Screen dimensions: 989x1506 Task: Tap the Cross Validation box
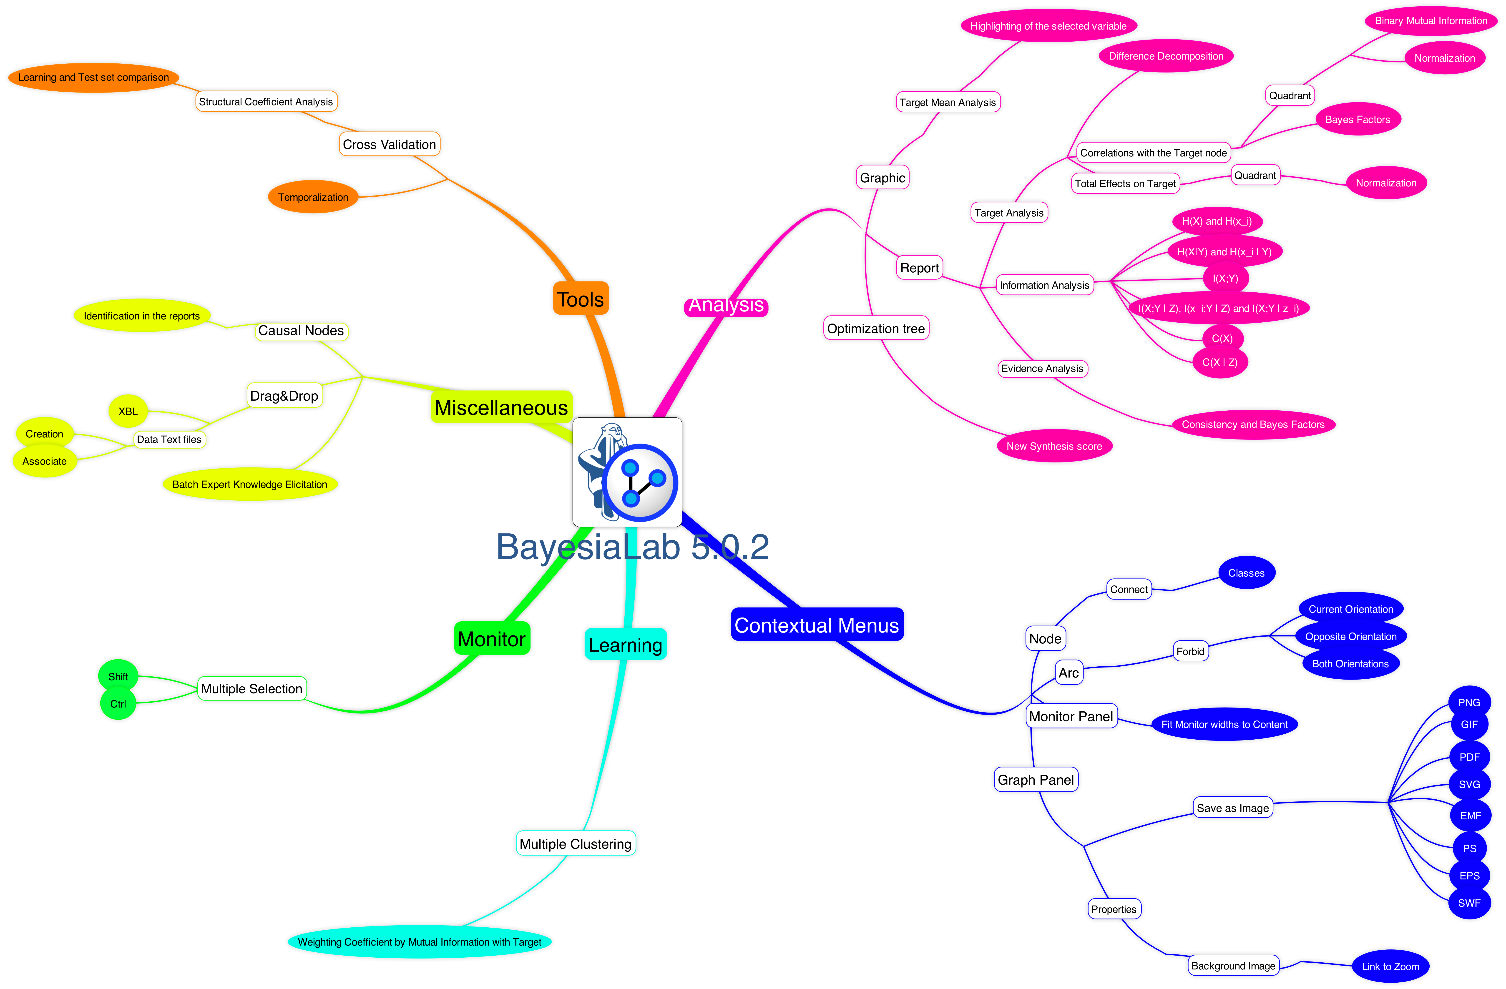pos(389,144)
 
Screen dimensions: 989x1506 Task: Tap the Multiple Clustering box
pos(575,843)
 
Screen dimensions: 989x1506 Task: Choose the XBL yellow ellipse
pos(128,411)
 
